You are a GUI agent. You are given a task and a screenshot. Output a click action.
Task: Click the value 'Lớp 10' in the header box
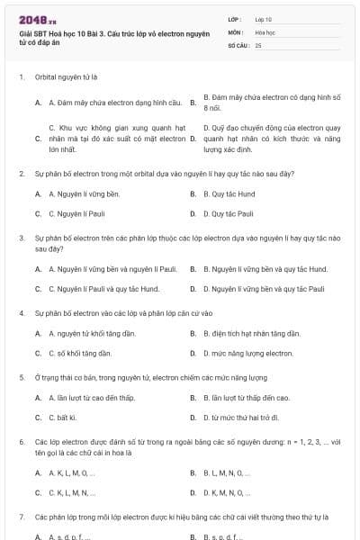coord(264,18)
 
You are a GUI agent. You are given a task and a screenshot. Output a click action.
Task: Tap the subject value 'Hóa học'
coord(265,31)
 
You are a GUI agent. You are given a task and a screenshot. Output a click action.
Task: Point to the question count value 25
coord(258,44)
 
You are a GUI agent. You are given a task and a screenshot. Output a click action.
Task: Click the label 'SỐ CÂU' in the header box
coord(238,44)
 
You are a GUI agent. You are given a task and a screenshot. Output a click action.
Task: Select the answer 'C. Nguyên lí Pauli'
coord(80,214)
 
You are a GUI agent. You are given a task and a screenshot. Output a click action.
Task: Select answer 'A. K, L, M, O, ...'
coord(71,472)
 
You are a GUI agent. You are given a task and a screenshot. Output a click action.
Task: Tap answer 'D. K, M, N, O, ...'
coord(226,492)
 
